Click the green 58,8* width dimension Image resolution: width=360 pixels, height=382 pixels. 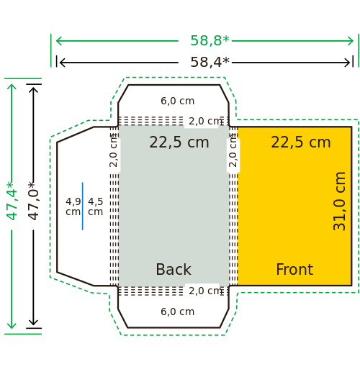pyautogui.click(x=210, y=40)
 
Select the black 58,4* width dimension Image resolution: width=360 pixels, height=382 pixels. pyautogui.click(x=210, y=62)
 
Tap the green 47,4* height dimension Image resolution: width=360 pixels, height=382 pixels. pyautogui.click(x=12, y=201)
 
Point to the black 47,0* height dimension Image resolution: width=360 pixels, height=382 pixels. pyautogui.click(x=33, y=201)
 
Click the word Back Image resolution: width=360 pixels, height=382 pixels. pyautogui.click(x=174, y=270)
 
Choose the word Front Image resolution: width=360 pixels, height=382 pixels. pyautogui.click(x=294, y=270)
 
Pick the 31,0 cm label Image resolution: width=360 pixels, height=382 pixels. pyautogui.click(x=339, y=201)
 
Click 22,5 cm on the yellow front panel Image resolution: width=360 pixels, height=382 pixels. pyautogui.click(x=301, y=142)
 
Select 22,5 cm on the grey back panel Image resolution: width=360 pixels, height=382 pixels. pyautogui.click(x=179, y=142)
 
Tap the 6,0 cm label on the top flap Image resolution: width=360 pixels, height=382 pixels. pyautogui.click(x=178, y=101)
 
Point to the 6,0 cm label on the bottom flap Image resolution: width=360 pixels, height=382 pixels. pyautogui.click(x=178, y=311)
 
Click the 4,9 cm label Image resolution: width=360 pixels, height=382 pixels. pyautogui.click(x=73, y=206)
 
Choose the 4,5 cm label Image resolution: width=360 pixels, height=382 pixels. pyautogui.click(x=95, y=206)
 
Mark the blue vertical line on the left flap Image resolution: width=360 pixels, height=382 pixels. pyautogui.click(x=82, y=206)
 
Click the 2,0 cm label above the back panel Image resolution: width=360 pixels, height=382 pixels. pyautogui.click(x=206, y=121)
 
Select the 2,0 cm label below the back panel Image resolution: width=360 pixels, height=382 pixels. pyautogui.click(x=206, y=291)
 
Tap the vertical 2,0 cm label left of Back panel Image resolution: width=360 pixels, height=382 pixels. pyautogui.click(x=114, y=150)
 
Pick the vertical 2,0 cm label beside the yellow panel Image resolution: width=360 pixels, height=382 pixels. pyautogui.click(x=233, y=150)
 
